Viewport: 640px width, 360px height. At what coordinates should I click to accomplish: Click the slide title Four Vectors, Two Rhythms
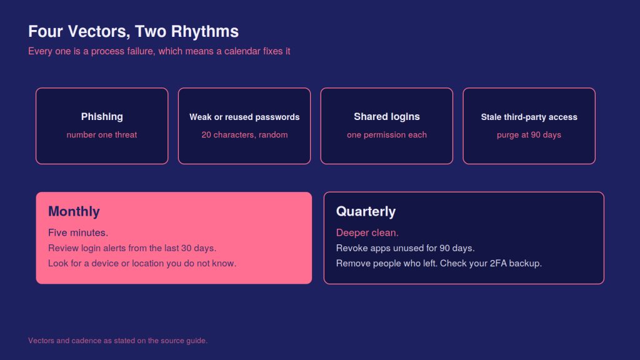134,32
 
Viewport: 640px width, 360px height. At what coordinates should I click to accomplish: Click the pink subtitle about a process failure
159,51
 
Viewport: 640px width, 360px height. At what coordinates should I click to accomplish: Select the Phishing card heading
102,117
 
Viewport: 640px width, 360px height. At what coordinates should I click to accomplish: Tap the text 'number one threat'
102,135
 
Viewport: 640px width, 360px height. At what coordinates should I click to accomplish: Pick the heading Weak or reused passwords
244,117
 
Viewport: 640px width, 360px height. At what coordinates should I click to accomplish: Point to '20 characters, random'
244,135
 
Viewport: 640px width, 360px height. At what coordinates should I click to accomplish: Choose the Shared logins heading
387,117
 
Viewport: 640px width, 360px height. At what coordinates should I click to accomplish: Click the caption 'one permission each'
387,135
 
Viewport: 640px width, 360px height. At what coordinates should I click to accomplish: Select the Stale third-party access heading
529,117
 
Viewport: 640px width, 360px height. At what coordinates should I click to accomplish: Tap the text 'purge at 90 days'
529,135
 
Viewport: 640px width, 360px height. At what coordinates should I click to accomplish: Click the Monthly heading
74,211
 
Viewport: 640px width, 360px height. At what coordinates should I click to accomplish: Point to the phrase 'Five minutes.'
78,232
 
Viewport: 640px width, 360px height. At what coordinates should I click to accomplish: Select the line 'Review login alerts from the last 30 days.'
132,248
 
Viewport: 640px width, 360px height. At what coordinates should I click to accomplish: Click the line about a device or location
142,263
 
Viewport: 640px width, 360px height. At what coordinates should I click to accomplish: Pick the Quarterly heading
366,211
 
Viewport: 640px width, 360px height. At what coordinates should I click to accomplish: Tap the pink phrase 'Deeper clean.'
367,232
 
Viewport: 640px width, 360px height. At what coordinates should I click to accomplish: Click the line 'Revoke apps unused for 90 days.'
405,248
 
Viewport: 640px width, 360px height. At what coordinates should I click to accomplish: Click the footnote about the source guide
118,341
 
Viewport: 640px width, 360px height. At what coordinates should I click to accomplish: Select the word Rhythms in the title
205,32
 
